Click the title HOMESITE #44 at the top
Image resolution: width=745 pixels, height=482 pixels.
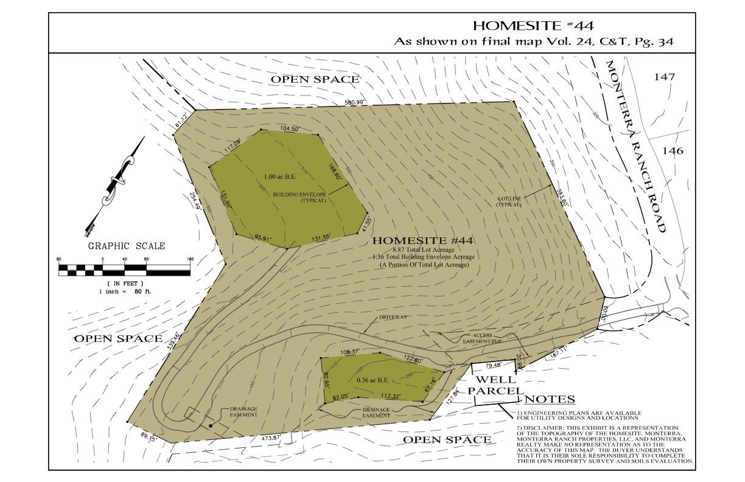pos(533,26)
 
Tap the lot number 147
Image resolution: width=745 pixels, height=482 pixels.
pos(665,77)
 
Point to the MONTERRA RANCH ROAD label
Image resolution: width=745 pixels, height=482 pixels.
pos(637,146)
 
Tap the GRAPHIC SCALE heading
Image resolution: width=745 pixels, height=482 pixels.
pos(127,246)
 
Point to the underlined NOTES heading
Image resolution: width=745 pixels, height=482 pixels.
pos(550,399)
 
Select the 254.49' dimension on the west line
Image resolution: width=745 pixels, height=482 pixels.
pos(195,201)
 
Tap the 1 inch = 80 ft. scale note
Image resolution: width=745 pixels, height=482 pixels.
pos(125,292)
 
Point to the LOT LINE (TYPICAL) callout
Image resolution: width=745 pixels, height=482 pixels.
pos(509,201)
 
